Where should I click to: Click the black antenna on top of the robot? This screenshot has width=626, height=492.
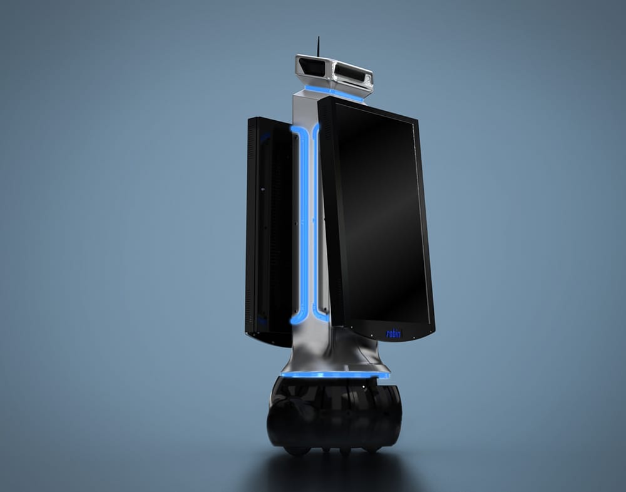tap(318, 46)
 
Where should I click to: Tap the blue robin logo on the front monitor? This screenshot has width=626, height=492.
tap(393, 334)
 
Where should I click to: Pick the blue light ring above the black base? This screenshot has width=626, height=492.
tap(334, 375)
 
